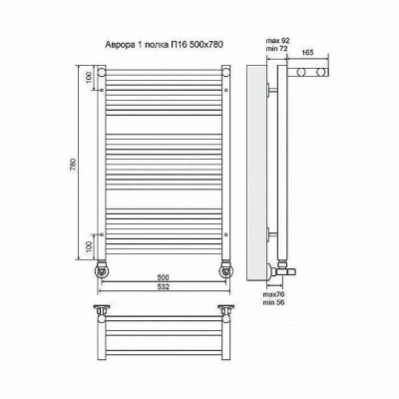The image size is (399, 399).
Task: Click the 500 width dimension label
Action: click(x=164, y=277)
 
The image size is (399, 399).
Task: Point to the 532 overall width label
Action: click(x=164, y=286)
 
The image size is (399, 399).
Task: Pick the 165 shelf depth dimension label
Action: click(x=308, y=53)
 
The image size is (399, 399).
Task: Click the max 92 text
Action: click(x=278, y=41)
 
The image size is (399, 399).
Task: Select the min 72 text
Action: click(x=277, y=49)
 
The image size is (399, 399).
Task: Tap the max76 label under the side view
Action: click(x=273, y=294)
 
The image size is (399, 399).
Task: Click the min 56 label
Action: click(x=273, y=302)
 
